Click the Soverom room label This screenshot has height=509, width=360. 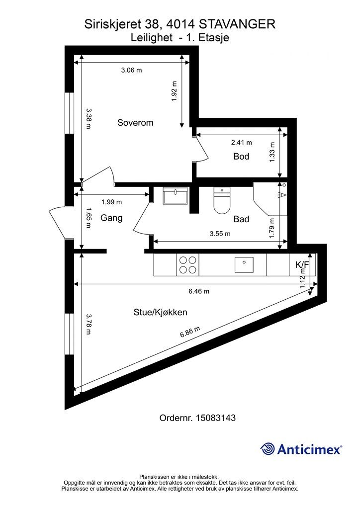click(x=135, y=123)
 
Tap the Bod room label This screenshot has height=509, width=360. click(x=241, y=157)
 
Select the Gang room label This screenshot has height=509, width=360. click(x=111, y=218)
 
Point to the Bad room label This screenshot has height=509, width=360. click(x=241, y=219)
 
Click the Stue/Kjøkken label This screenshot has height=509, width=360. click(x=161, y=312)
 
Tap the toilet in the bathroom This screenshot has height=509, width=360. click(x=222, y=201)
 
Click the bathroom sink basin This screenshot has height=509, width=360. click(x=176, y=196)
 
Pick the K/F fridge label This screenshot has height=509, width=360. click(x=302, y=264)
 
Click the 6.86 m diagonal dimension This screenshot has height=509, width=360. click(x=190, y=332)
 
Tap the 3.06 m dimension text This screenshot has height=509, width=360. click(x=131, y=70)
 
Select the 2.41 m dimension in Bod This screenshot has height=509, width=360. click(x=242, y=142)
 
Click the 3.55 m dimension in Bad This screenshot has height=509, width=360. click(x=220, y=234)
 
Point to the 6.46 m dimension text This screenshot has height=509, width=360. click(x=199, y=291)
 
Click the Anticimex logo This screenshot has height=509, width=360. click(x=301, y=449)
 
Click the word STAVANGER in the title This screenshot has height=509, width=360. click(x=237, y=24)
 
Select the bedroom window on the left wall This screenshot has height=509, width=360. click(x=69, y=113)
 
